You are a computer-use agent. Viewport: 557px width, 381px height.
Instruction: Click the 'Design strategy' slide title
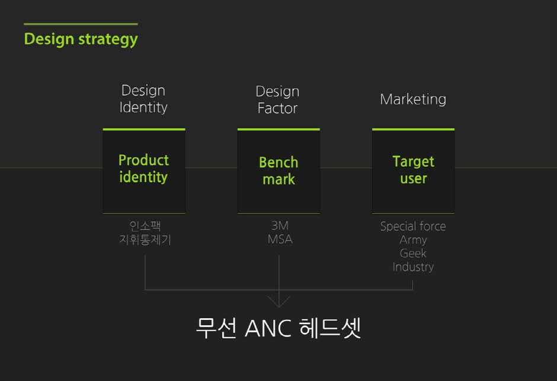81,40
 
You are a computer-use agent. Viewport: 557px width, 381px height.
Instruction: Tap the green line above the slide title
81,24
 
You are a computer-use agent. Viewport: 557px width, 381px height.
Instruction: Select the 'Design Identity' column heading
143,99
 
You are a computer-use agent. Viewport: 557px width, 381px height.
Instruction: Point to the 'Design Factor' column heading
277,100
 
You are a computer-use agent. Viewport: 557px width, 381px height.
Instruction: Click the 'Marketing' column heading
413,99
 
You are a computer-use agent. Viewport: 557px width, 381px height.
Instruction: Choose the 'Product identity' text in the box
143,169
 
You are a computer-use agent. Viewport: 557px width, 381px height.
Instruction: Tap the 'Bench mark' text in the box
278,171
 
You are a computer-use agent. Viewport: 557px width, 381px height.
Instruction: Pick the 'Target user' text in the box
413,170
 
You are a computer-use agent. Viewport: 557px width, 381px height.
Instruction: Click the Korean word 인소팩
145,226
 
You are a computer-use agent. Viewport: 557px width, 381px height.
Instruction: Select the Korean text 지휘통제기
145,239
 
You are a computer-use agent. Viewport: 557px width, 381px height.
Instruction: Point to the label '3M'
280,226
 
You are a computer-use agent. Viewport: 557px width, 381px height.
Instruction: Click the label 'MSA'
280,239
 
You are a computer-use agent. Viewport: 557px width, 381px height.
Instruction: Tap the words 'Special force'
413,226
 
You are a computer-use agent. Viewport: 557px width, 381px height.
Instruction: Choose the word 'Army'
413,240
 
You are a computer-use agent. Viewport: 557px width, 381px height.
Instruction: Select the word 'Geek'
413,253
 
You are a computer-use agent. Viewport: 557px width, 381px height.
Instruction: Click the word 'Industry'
413,267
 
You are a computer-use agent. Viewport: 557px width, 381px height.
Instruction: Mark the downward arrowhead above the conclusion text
279,302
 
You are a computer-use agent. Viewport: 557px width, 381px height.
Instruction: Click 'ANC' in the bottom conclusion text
268,328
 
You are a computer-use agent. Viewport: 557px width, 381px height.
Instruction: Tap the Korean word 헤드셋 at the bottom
331,328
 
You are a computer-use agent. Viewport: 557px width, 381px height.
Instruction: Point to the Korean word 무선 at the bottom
216,328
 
